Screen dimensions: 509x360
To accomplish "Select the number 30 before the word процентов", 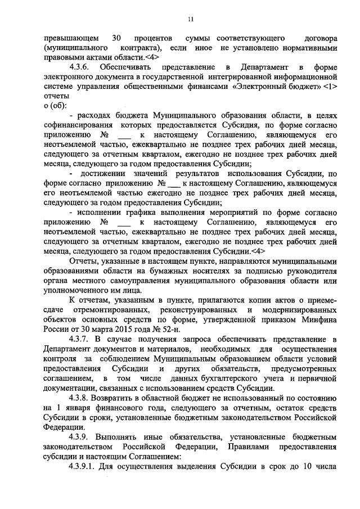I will coord(117,38).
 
